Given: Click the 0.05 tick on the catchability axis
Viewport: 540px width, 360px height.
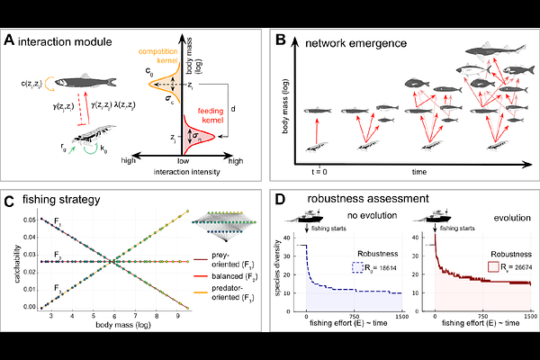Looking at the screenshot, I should click(31, 219).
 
